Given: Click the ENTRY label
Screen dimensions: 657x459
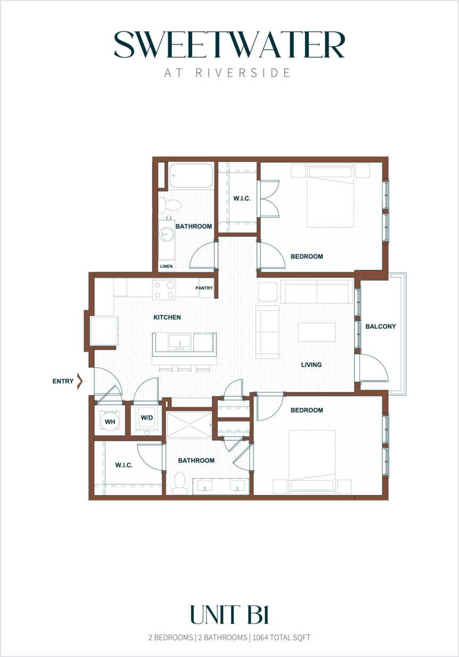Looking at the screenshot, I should pos(63,381).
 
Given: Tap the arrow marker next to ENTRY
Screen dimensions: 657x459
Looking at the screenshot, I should pos(80,381).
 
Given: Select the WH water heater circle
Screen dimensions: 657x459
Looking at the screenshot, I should pos(110,422).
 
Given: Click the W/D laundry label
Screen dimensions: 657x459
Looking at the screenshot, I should pos(146,417).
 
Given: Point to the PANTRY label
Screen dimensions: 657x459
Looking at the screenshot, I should pos(204,288).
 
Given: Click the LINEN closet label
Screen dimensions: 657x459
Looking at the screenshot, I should pos(166,266).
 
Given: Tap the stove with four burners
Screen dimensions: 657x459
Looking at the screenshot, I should pos(164,289).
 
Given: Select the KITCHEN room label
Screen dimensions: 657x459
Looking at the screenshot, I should pos(167,317).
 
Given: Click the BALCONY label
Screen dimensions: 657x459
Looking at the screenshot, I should pos(380,326).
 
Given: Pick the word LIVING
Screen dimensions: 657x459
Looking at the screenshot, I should pos(311,365).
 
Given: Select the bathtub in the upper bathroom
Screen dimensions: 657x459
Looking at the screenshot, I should pos(191,175).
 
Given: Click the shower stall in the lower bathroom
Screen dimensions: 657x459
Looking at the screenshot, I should pos(189,425).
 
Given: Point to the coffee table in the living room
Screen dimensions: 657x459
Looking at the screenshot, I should pos(316,332).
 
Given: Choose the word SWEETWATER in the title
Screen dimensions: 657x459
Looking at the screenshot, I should pos(229,45).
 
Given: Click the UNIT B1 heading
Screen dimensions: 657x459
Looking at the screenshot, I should pos(229,615).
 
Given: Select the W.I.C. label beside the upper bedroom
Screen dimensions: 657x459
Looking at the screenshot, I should pos(242,199).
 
